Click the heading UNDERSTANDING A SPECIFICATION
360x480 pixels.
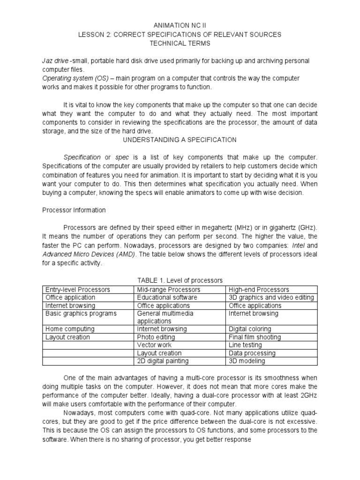(180, 140)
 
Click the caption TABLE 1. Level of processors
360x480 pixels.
(180, 280)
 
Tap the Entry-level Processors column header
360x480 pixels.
(77, 289)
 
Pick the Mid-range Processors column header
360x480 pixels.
(168, 289)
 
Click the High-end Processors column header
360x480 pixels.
(258, 289)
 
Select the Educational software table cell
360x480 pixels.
(167, 297)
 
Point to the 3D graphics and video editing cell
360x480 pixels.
(271, 297)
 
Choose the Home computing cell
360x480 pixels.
(69, 329)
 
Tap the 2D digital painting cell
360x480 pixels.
(163, 361)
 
